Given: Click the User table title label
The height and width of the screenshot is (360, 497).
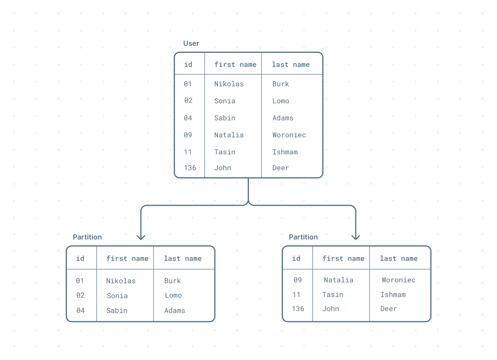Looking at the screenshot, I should [191, 43].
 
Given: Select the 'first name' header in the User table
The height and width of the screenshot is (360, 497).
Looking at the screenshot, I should [235, 65].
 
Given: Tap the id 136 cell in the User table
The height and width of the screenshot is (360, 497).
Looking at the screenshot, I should [190, 168].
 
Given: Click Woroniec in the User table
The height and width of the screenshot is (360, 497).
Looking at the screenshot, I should [289, 135].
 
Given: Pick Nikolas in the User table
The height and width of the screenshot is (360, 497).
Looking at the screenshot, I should [229, 84].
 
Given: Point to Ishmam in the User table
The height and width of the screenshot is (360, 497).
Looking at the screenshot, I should [285, 152].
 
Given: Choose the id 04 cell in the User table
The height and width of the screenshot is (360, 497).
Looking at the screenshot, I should [188, 118].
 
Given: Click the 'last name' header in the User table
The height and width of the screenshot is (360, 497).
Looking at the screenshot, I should [291, 65].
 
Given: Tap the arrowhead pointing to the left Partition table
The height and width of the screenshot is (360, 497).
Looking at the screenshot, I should [141, 237].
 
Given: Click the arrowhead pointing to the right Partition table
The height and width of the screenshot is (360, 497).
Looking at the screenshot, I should [355, 237].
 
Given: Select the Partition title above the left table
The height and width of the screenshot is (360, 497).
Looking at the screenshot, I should [87, 237].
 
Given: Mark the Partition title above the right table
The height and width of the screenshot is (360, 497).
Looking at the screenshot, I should [303, 237].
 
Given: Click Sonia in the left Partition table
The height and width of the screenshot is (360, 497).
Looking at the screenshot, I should [117, 296].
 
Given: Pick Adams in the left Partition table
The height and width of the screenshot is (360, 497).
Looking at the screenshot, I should [175, 311].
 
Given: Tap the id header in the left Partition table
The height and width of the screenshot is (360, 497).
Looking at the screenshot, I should [80, 258].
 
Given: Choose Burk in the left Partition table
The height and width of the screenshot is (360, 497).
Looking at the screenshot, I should [173, 281].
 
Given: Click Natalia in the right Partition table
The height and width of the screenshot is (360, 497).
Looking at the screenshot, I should [339, 280].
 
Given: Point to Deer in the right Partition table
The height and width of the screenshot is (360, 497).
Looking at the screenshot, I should [389, 309].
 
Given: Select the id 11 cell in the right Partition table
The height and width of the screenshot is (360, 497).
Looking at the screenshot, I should [296, 295].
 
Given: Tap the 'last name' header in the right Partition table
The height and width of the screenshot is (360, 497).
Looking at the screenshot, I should [399, 258].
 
